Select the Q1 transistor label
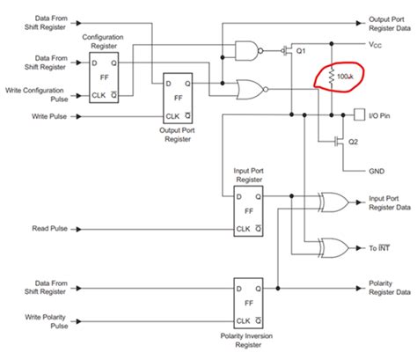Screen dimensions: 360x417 (x=300, y=52)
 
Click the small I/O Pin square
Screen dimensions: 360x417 (x=359, y=114)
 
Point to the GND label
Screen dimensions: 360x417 (x=377, y=172)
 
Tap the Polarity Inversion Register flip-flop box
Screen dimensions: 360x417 (x=249, y=303)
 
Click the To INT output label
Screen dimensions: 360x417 (x=377, y=248)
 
